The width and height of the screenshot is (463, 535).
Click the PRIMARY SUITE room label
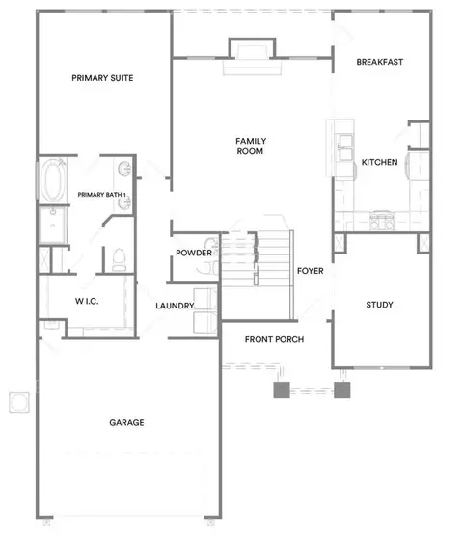tap(102, 78)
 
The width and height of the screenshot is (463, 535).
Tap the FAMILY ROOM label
tap(251, 146)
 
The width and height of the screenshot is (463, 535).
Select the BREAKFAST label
tap(380, 62)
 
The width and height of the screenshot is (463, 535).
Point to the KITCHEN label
tap(379, 162)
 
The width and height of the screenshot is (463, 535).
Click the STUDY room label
tap(379, 305)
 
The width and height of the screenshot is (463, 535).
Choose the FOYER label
tap(310, 271)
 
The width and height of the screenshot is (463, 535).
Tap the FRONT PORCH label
tap(274, 339)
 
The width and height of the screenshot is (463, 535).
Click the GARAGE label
tap(126, 423)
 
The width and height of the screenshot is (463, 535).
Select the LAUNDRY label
tap(175, 306)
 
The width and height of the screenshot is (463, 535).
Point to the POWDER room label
tap(194, 253)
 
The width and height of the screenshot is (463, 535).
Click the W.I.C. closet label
tap(87, 301)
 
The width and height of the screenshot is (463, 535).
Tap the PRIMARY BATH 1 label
tap(101, 195)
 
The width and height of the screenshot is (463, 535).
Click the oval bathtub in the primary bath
tap(53, 180)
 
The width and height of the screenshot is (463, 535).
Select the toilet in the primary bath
tap(119, 259)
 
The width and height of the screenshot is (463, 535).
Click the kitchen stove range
tap(382, 221)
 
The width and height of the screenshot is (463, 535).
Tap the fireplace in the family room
tap(252, 56)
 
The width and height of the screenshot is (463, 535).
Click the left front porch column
tap(282, 389)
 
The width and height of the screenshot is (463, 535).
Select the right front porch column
tap(341, 389)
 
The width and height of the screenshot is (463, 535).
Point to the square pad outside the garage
tap(19, 402)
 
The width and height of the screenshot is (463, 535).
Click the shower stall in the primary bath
tap(53, 226)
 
